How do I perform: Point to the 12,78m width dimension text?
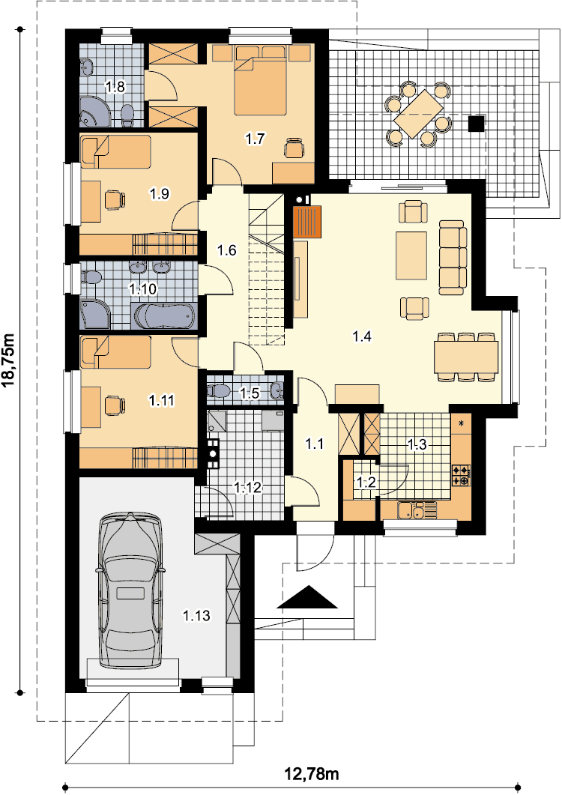click(x=312, y=774)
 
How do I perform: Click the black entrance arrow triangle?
click(x=307, y=596)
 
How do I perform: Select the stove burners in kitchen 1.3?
click(x=461, y=476)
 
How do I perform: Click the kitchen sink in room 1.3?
click(x=417, y=510)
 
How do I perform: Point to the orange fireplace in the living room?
click(x=307, y=222)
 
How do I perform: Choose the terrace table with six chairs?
click(x=419, y=114)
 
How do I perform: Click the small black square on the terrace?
click(x=476, y=123)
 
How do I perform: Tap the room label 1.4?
click(x=362, y=336)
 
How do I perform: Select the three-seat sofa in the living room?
click(x=453, y=258)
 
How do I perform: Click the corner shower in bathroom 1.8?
click(x=94, y=110)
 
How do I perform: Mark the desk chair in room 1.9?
click(x=115, y=199)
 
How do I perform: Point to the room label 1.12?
click(x=247, y=488)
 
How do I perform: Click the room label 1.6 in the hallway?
click(x=227, y=250)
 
